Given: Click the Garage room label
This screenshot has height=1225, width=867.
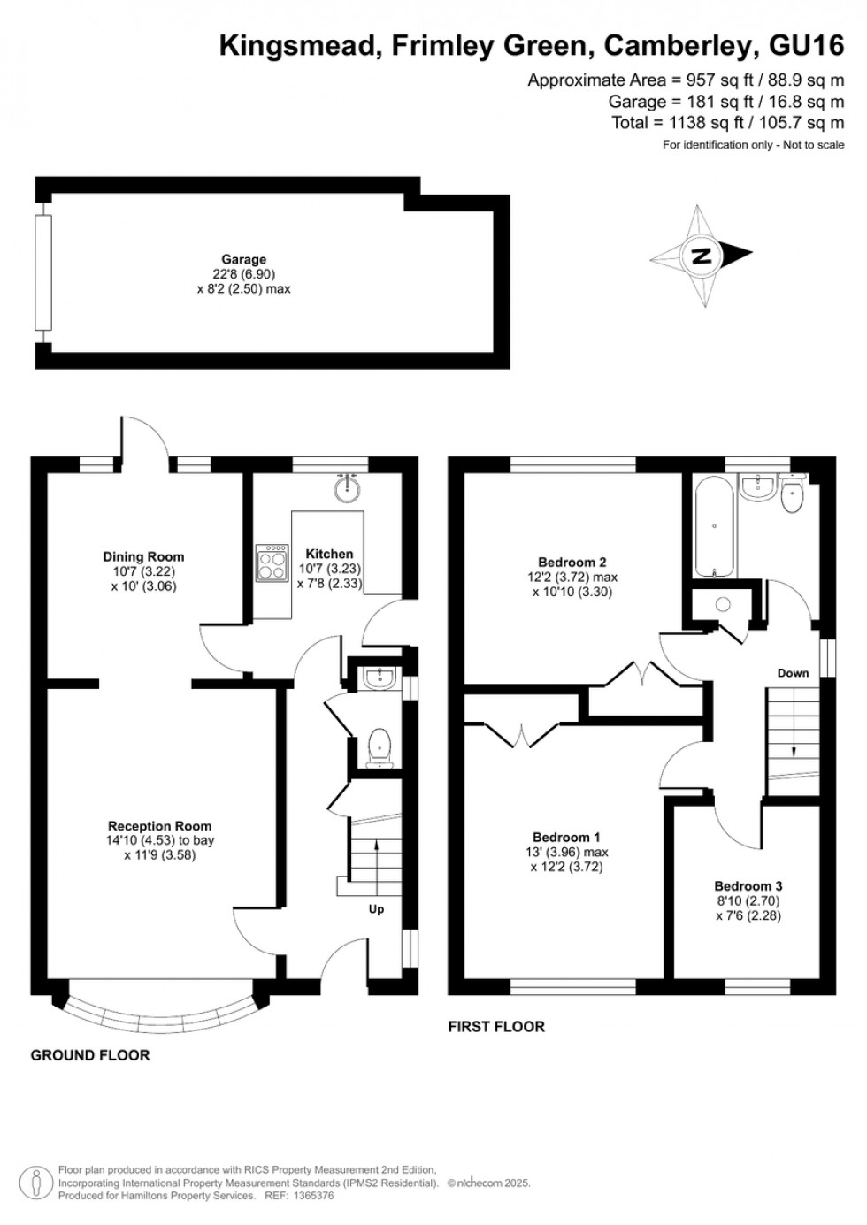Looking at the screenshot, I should pos(243,259).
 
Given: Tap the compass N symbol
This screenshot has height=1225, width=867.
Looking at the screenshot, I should pos(702,256).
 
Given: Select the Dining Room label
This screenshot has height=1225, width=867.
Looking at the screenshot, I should pos(143,556).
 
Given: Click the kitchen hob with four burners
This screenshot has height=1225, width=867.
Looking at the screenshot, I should pos(272,562).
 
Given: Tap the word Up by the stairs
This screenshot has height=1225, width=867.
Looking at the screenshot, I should pos(376,909).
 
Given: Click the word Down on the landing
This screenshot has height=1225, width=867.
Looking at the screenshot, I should pos(793,673).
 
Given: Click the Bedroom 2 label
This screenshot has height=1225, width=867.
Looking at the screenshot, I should pos(572,562).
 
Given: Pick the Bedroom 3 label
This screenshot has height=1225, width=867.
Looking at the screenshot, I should pos(748,885).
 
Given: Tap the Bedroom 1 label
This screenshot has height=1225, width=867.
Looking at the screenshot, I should pos(566,837).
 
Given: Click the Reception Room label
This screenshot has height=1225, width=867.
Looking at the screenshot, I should pos(160,826).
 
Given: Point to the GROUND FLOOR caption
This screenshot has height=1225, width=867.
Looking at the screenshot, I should pos(90,1055).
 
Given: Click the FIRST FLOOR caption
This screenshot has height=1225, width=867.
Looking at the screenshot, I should pos(496,1027).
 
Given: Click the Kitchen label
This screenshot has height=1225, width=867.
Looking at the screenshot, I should pos(329,554).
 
